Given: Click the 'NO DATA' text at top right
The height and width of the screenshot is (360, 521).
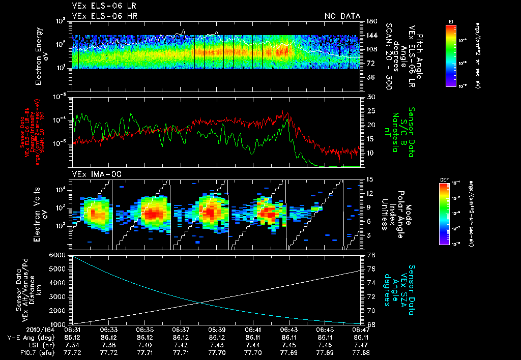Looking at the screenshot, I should (x=342, y=16).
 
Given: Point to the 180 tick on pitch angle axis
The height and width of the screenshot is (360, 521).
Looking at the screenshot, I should (x=370, y=21).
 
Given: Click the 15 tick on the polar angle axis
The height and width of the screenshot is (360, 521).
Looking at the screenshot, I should (x=369, y=179).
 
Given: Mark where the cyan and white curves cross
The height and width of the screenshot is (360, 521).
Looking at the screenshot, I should (x=199, y=303).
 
